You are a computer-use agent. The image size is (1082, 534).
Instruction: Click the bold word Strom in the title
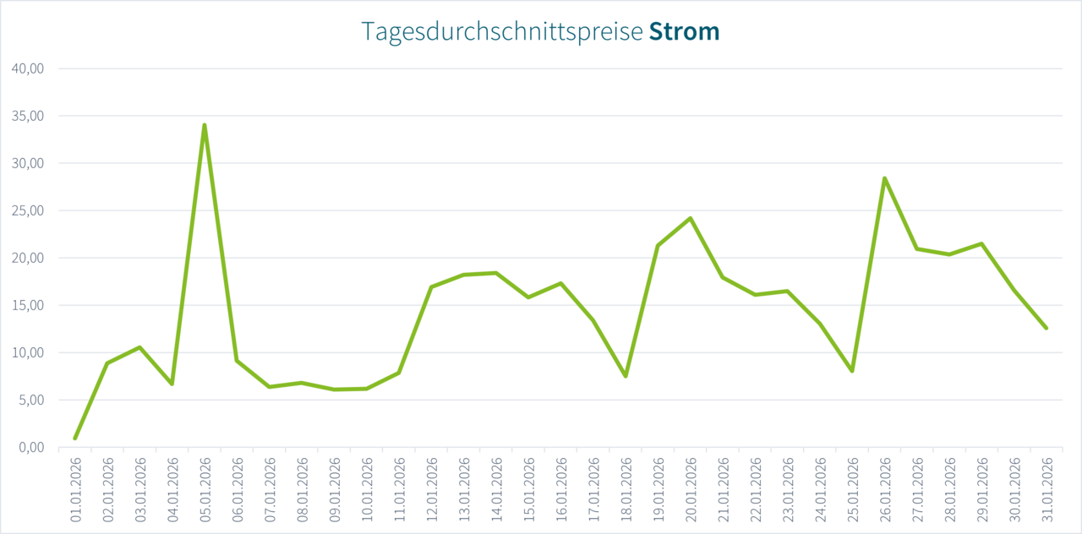coord(684,32)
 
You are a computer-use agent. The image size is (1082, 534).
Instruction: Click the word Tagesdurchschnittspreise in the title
coord(502,32)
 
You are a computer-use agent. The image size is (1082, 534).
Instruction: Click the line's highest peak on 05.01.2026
coord(205,125)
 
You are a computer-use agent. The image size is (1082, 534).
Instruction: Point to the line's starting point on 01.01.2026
coord(75,439)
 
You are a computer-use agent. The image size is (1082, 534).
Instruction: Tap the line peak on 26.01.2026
coord(884,178)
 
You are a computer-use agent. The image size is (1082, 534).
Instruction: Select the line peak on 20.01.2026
coord(691,218)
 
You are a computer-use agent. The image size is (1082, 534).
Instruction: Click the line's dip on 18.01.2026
coord(626,376)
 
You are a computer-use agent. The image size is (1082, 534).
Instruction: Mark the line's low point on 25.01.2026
coord(852,371)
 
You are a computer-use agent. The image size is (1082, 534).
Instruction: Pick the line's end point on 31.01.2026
coord(1046,328)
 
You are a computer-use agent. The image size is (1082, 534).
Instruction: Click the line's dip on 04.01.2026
coord(172,384)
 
